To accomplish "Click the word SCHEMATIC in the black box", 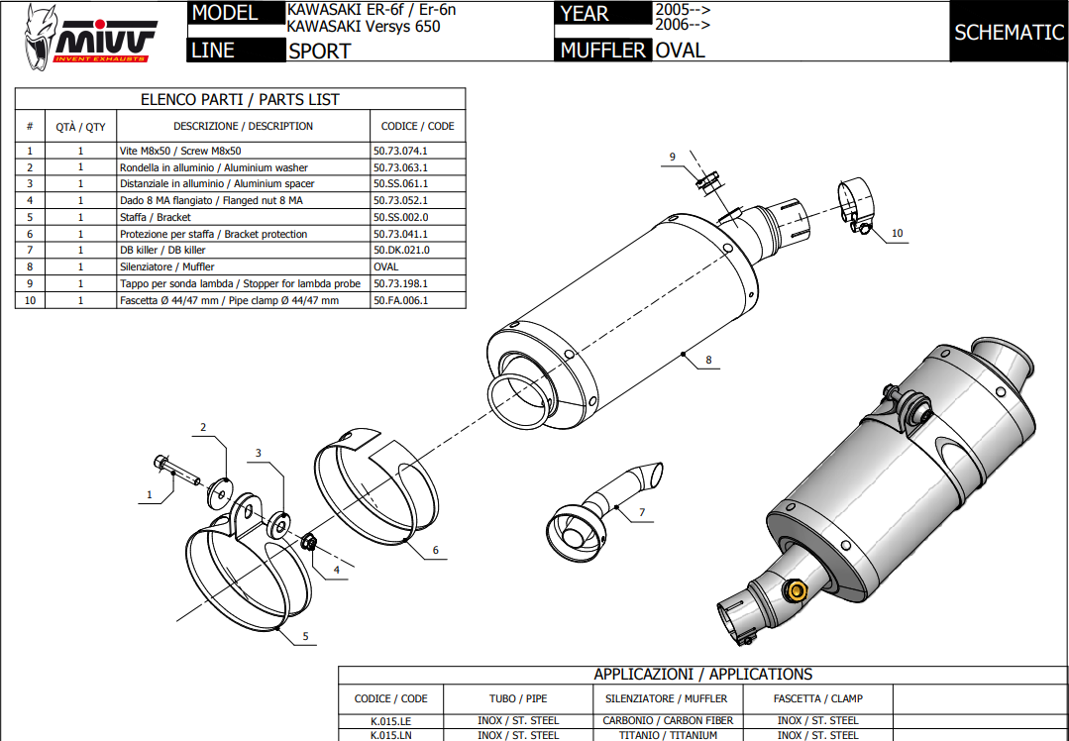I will (1009, 32).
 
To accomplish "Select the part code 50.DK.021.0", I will (401, 251).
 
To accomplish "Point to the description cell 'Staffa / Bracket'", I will (156, 217).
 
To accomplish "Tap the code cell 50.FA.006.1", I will (401, 300).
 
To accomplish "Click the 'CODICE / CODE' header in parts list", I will (417, 126).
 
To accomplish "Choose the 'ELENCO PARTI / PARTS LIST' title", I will (240, 99).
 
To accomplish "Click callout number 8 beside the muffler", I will (709, 360).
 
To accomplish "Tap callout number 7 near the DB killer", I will (642, 512).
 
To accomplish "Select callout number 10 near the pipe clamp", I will (897, 234).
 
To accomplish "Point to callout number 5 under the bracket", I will (305, 636).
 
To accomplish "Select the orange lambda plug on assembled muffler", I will (795, 592).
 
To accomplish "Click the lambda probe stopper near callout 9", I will (705, 180).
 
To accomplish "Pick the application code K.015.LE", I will (390, 720).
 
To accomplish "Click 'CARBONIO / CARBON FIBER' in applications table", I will (668, 720).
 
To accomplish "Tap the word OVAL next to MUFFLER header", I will (681, 50).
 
